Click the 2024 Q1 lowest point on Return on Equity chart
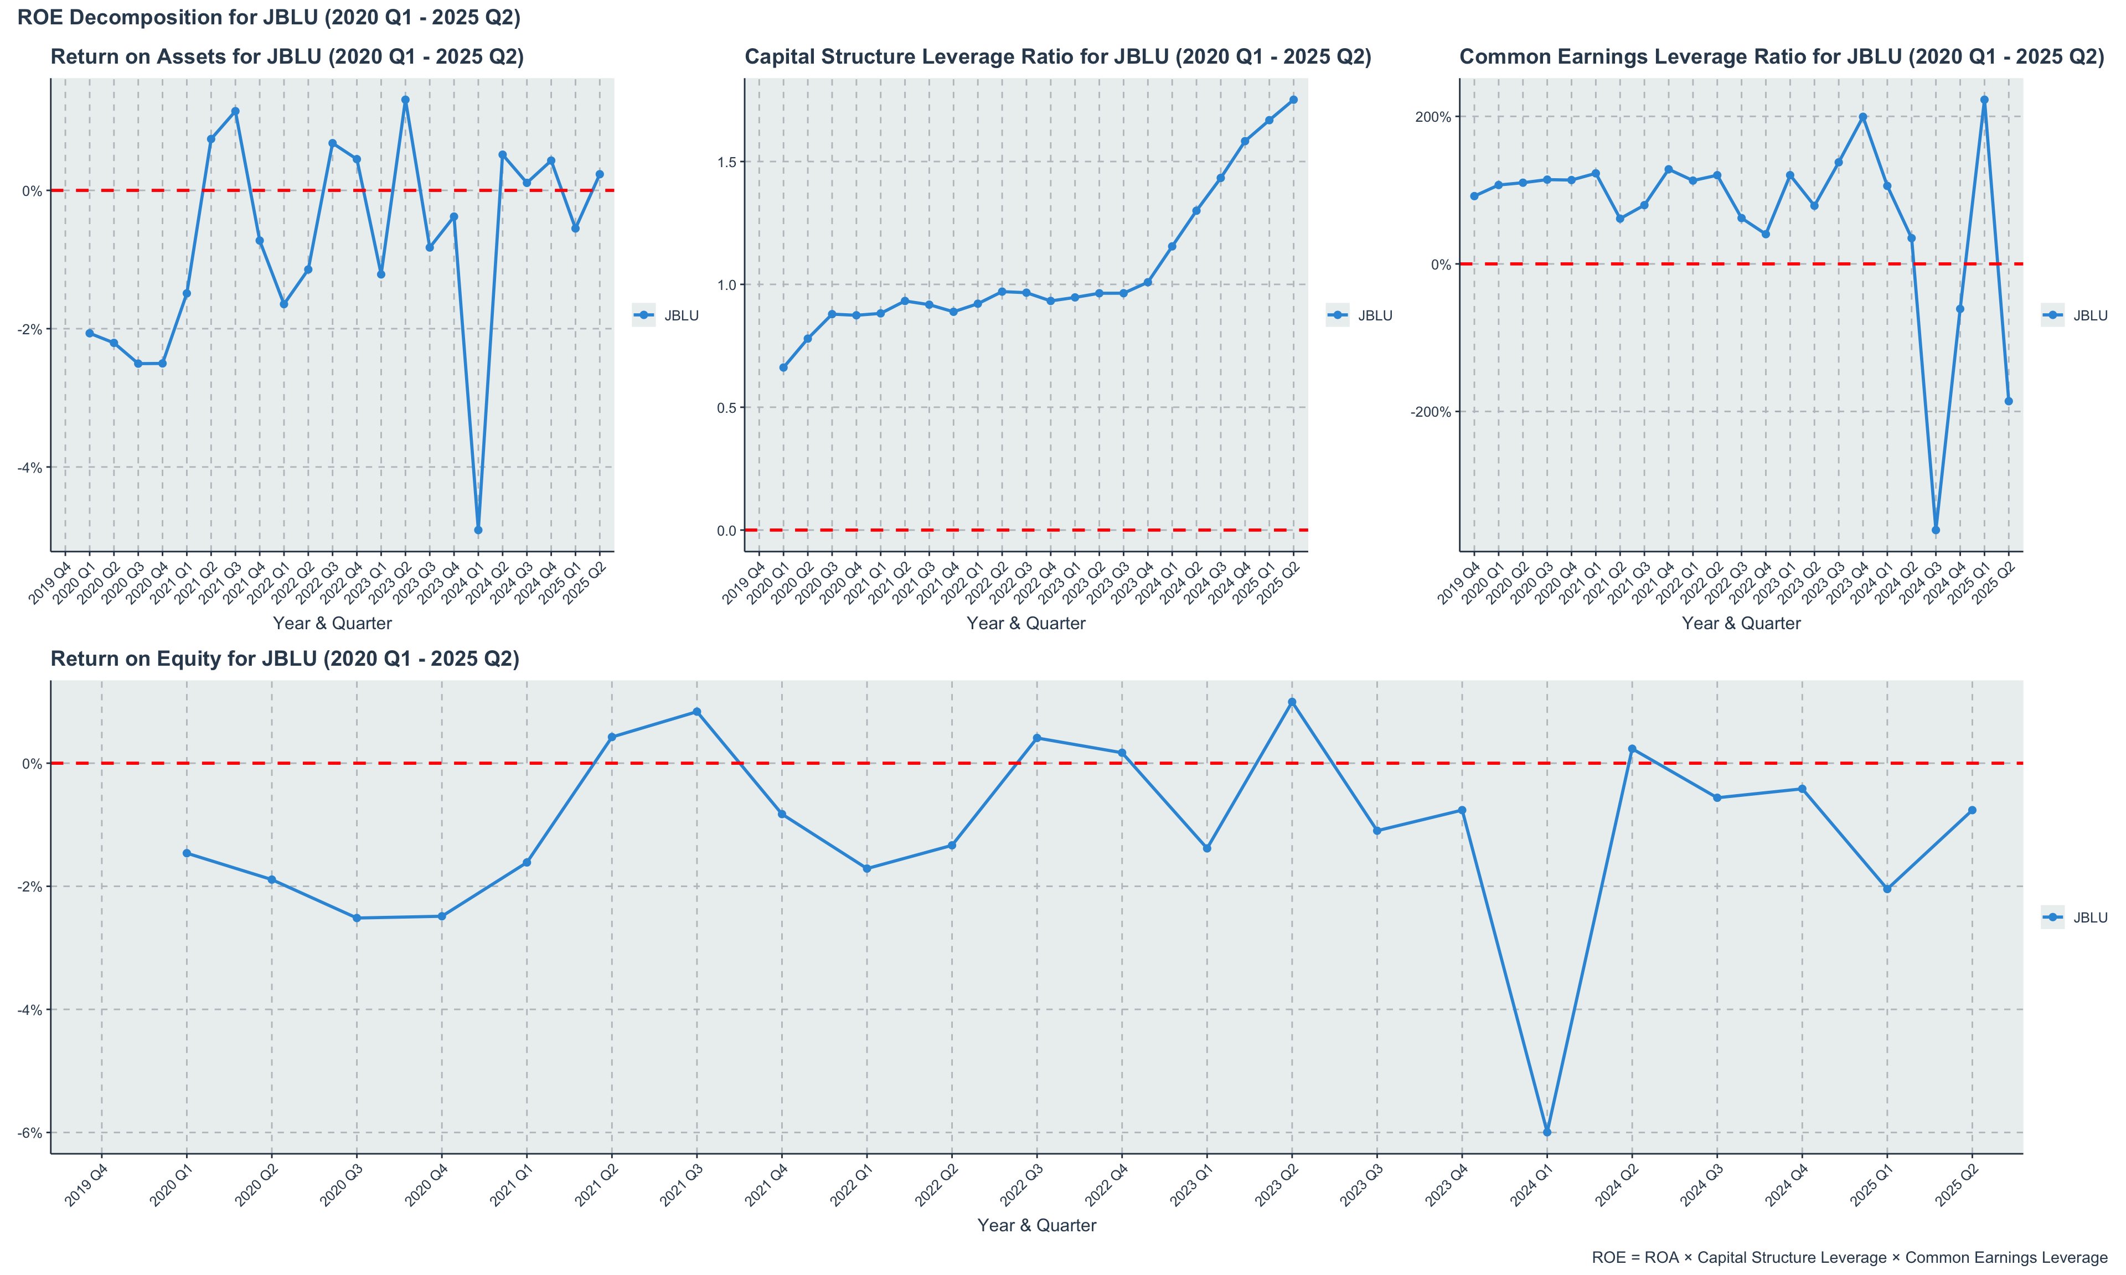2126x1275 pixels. (1547, 1132)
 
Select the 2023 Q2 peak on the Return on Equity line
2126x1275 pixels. (1292, 702)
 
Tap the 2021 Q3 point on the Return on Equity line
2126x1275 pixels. (696, 712)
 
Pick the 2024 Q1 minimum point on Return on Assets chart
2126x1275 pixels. (478, 530)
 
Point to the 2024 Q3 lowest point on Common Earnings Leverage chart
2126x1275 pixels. (1935, 530)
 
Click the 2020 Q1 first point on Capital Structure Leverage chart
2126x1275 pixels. (783, 367)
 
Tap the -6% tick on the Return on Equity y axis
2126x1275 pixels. (30, 1132)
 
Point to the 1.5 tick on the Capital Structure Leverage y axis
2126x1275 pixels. (726, 162)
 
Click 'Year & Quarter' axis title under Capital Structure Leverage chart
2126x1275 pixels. (1025, 624)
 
